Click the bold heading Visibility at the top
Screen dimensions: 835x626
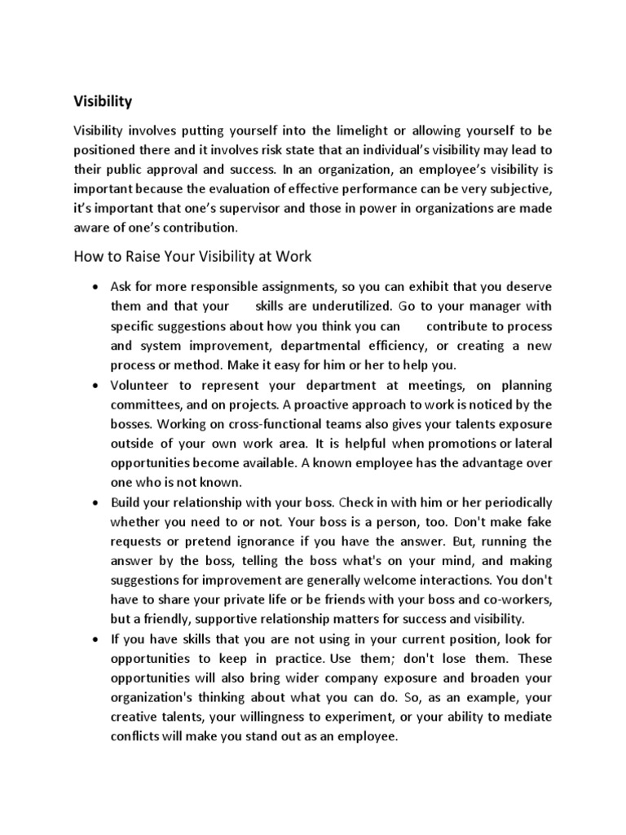[103, 102]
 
